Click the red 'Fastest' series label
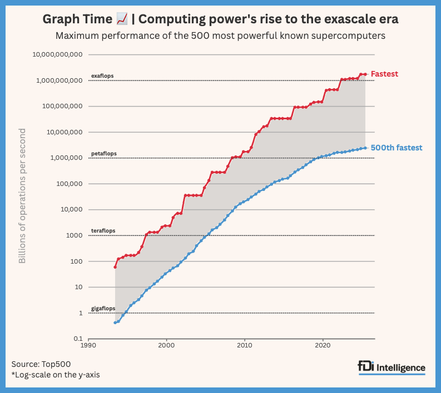tap(384, 73)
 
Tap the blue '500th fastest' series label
tap(397, 148)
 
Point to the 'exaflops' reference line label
tap(102, 75)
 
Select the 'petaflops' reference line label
tap(103, 153)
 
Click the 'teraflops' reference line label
tap(103, 231)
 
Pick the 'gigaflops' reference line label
tap(103, 308)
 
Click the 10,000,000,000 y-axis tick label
tap(58, 55)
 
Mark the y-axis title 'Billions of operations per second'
tap(23, 196)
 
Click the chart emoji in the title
tap(122, 19)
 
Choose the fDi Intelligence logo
tap(392, 367)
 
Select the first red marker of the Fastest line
tap(115, 267)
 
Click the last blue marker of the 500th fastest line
tap(365, 148)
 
